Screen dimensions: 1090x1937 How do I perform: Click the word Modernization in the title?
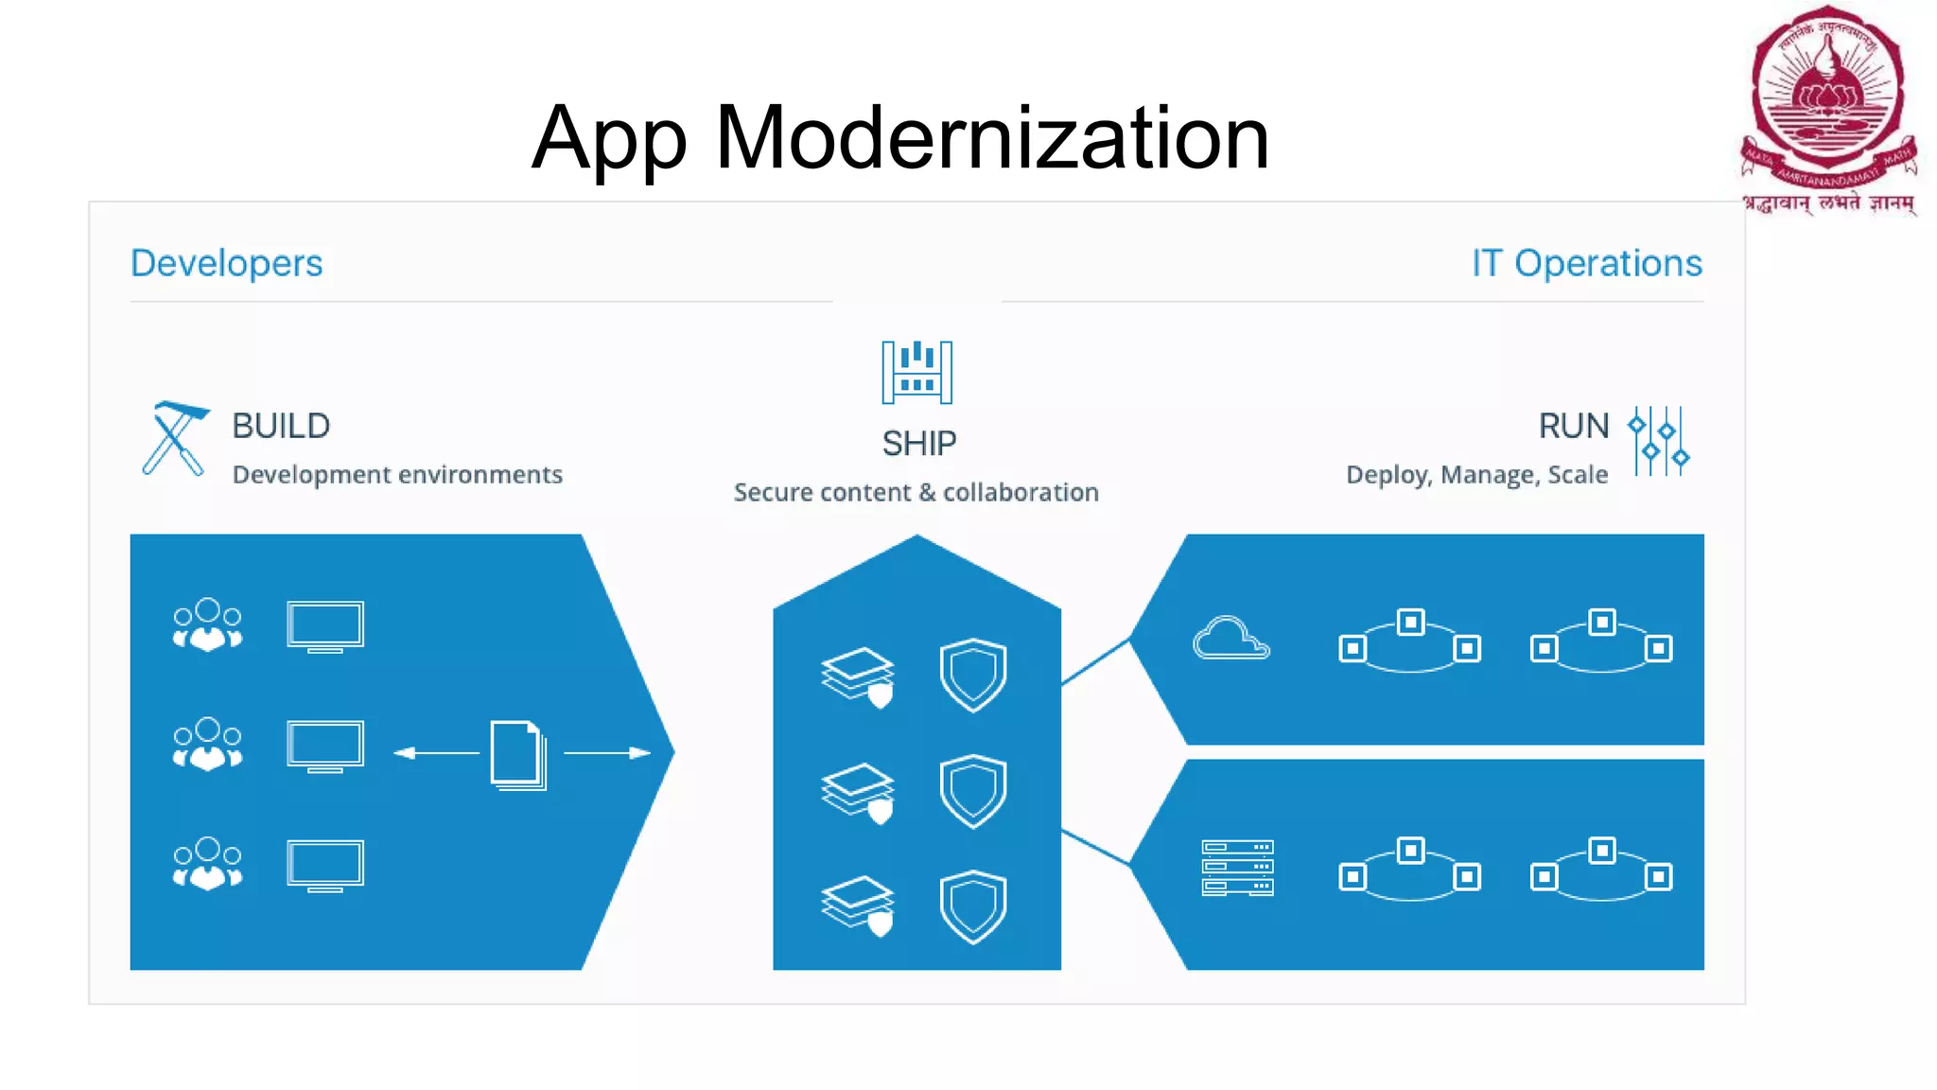[992, 138]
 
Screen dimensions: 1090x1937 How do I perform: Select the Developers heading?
[226, 263]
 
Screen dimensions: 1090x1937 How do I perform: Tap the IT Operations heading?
[1586, 263]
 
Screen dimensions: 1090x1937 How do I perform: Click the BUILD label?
[281, 426]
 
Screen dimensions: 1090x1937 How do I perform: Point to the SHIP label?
[918, 443]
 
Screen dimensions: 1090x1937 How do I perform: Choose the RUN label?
[1573, 426]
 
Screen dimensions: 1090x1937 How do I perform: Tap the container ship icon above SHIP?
[916, 372]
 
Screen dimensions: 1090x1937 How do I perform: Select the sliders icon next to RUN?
[1659, 441]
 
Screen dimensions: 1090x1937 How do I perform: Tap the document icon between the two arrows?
[517, 754]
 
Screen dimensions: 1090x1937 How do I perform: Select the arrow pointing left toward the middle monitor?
[436, 753]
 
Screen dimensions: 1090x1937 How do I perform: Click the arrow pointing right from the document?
[607, 753]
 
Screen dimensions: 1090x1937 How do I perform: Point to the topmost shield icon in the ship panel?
[972, 675]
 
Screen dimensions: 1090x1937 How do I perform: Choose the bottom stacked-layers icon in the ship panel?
[857, 905]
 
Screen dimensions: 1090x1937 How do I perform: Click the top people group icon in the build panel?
[207, 624]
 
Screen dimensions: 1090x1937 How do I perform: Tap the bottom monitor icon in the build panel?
[324, 865]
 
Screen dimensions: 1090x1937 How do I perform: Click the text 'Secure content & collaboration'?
[916, 492]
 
